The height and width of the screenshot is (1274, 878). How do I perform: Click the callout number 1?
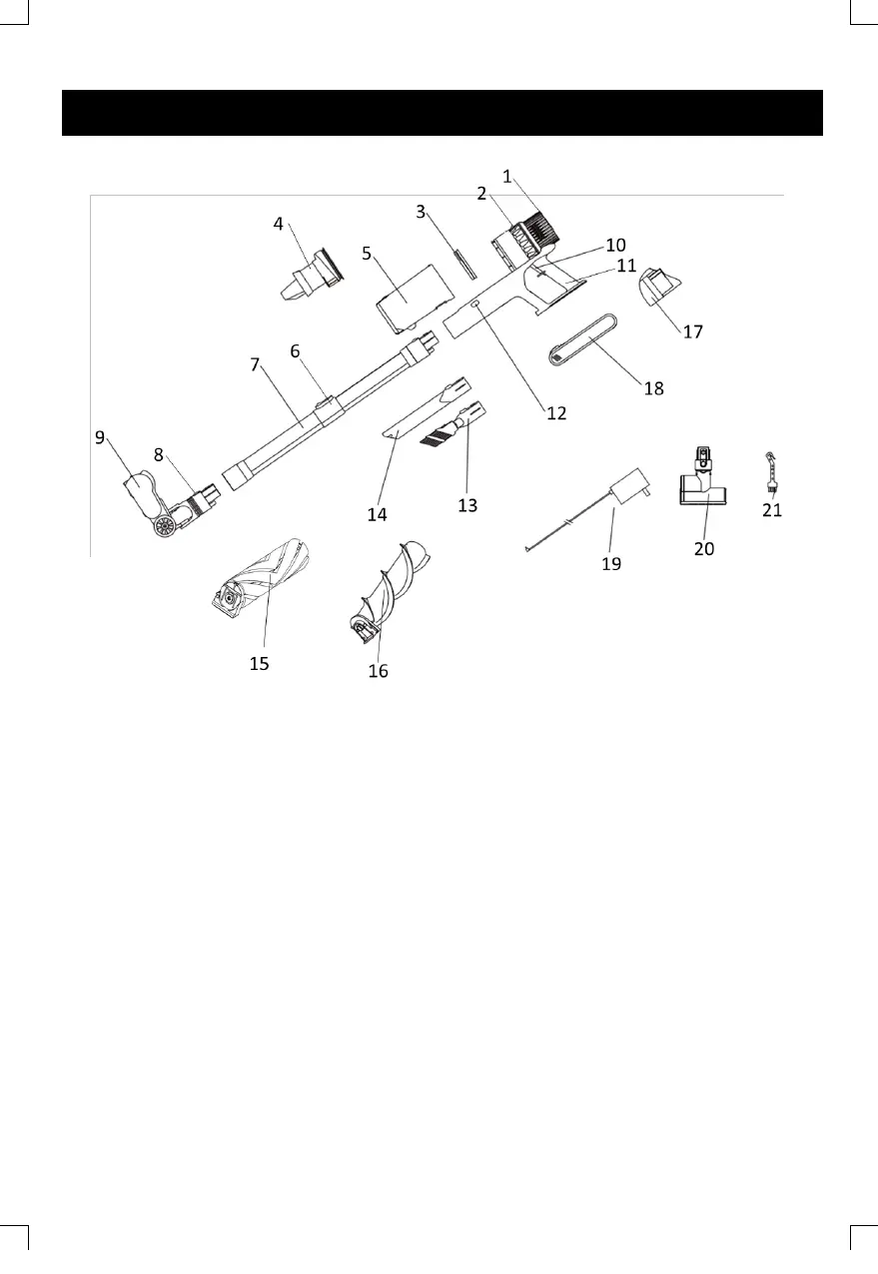507,177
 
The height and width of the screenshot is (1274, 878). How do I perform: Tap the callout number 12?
556,413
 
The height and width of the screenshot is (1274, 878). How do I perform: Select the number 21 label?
772,510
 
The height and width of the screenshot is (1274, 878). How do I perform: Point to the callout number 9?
100,437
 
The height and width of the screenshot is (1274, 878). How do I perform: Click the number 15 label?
259,664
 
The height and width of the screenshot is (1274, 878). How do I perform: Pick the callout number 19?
611,564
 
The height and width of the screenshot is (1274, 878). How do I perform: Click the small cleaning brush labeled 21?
771,472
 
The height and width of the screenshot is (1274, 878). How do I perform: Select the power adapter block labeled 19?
629,485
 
